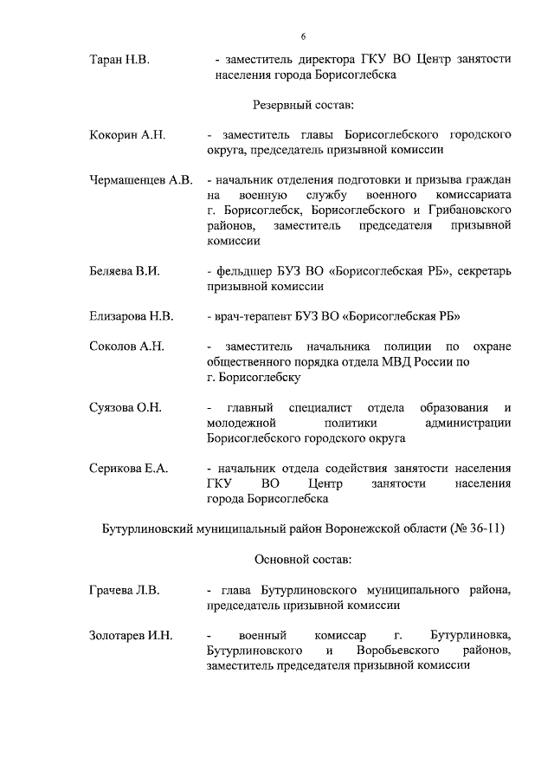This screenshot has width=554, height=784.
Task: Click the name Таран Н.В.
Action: click(x=119, y=60)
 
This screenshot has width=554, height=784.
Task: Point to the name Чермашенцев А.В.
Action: click(x=140, y=180)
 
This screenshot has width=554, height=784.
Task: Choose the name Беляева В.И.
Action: click(x=125, y=271)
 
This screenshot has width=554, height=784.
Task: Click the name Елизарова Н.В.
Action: click(x=132, y=316)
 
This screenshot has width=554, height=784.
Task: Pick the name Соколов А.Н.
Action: click(x=126, y=347)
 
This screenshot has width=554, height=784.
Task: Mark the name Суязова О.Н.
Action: click(x=126, y=407)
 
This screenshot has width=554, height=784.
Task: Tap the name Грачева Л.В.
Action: click(x=125, y=591)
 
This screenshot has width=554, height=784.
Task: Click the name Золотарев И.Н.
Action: click(x=131, y=636)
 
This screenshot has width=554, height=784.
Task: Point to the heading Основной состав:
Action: click(x=303, y=560)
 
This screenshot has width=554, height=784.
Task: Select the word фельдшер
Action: click(x=248, y=271)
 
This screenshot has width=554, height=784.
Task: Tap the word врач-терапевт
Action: click(x=251, y=316)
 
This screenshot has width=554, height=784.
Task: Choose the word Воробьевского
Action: click(x=401, y=651)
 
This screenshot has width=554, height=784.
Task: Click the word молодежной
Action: click(x=242, y=423)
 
